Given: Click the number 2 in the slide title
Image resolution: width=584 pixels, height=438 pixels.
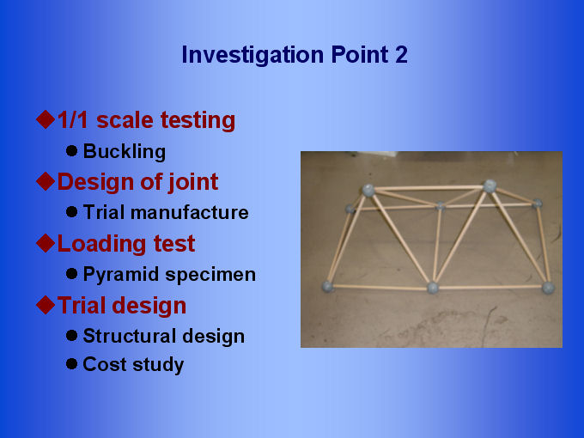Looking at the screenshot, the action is coord(401,55).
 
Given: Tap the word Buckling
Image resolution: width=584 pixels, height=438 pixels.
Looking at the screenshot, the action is coord(125,152).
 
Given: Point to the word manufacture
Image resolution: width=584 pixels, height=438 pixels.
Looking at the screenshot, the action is coord(190,212).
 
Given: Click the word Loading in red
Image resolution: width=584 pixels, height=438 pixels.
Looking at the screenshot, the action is coord(100,244).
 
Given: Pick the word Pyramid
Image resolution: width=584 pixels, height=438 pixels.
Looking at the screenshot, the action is coord(121,275).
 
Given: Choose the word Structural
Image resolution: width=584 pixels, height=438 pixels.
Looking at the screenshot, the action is coord(130,336).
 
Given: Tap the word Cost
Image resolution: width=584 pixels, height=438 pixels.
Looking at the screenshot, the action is coord(105,364).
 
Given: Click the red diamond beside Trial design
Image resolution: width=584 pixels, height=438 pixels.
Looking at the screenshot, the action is coord(46,305).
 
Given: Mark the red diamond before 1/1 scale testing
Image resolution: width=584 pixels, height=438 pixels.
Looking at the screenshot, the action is coord(46,119).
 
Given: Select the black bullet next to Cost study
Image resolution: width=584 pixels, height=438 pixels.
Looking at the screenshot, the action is coord(71,364).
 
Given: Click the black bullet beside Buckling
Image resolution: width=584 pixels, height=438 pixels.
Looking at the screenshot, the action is coord(71,151).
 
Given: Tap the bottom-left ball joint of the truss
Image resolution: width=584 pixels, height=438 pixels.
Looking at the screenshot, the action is coord(327,286).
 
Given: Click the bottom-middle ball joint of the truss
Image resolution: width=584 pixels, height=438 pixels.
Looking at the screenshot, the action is coord(433,288).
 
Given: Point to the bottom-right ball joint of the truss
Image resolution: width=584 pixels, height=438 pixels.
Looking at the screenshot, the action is coord(548,288).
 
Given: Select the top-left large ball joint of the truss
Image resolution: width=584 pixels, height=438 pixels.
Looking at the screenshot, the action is coord(368,190).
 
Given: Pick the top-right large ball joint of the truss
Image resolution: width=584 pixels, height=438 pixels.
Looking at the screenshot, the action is coord(490,186).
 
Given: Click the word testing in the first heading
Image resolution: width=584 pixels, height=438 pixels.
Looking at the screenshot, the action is coord(198,121).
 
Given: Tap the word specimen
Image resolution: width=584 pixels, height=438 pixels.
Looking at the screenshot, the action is coord(210,275).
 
